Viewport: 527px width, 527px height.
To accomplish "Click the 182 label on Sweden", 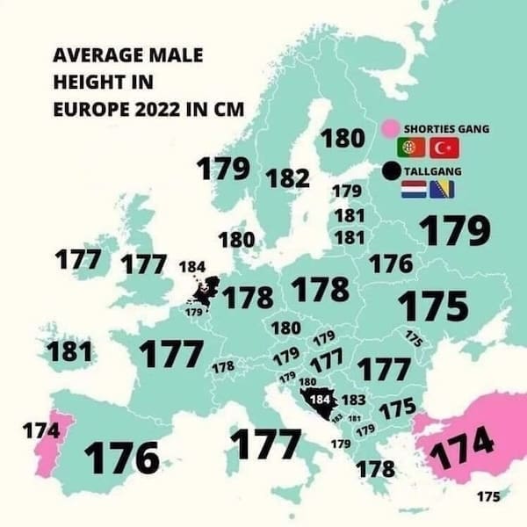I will pyautogui.click(x=286, y=178).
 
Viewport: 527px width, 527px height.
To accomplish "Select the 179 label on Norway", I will pyautogui.click(x=223, y=170).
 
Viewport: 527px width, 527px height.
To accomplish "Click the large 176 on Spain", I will pyautogui.click(x=122, y=458).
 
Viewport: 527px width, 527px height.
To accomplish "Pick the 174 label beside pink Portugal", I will pyautogui.click(x=41, y=432).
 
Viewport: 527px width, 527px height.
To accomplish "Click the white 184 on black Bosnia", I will pyautogui.click(x=321, y=399).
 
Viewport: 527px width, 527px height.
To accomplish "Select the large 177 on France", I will pyautogui.click(x=171, y=354).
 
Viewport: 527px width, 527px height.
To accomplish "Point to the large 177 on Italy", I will pyautogui.click(x=264, y=444).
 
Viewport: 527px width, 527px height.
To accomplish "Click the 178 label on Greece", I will pyautogui.click(x=375, y=468).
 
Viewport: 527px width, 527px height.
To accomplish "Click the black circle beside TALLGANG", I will pyautogui.click(x=392, y=170).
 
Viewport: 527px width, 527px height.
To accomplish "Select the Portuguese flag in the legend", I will pyautogui.click(x=412, y=148).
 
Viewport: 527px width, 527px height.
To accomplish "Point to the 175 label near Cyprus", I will pyautogui.click(x=488, y=495).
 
